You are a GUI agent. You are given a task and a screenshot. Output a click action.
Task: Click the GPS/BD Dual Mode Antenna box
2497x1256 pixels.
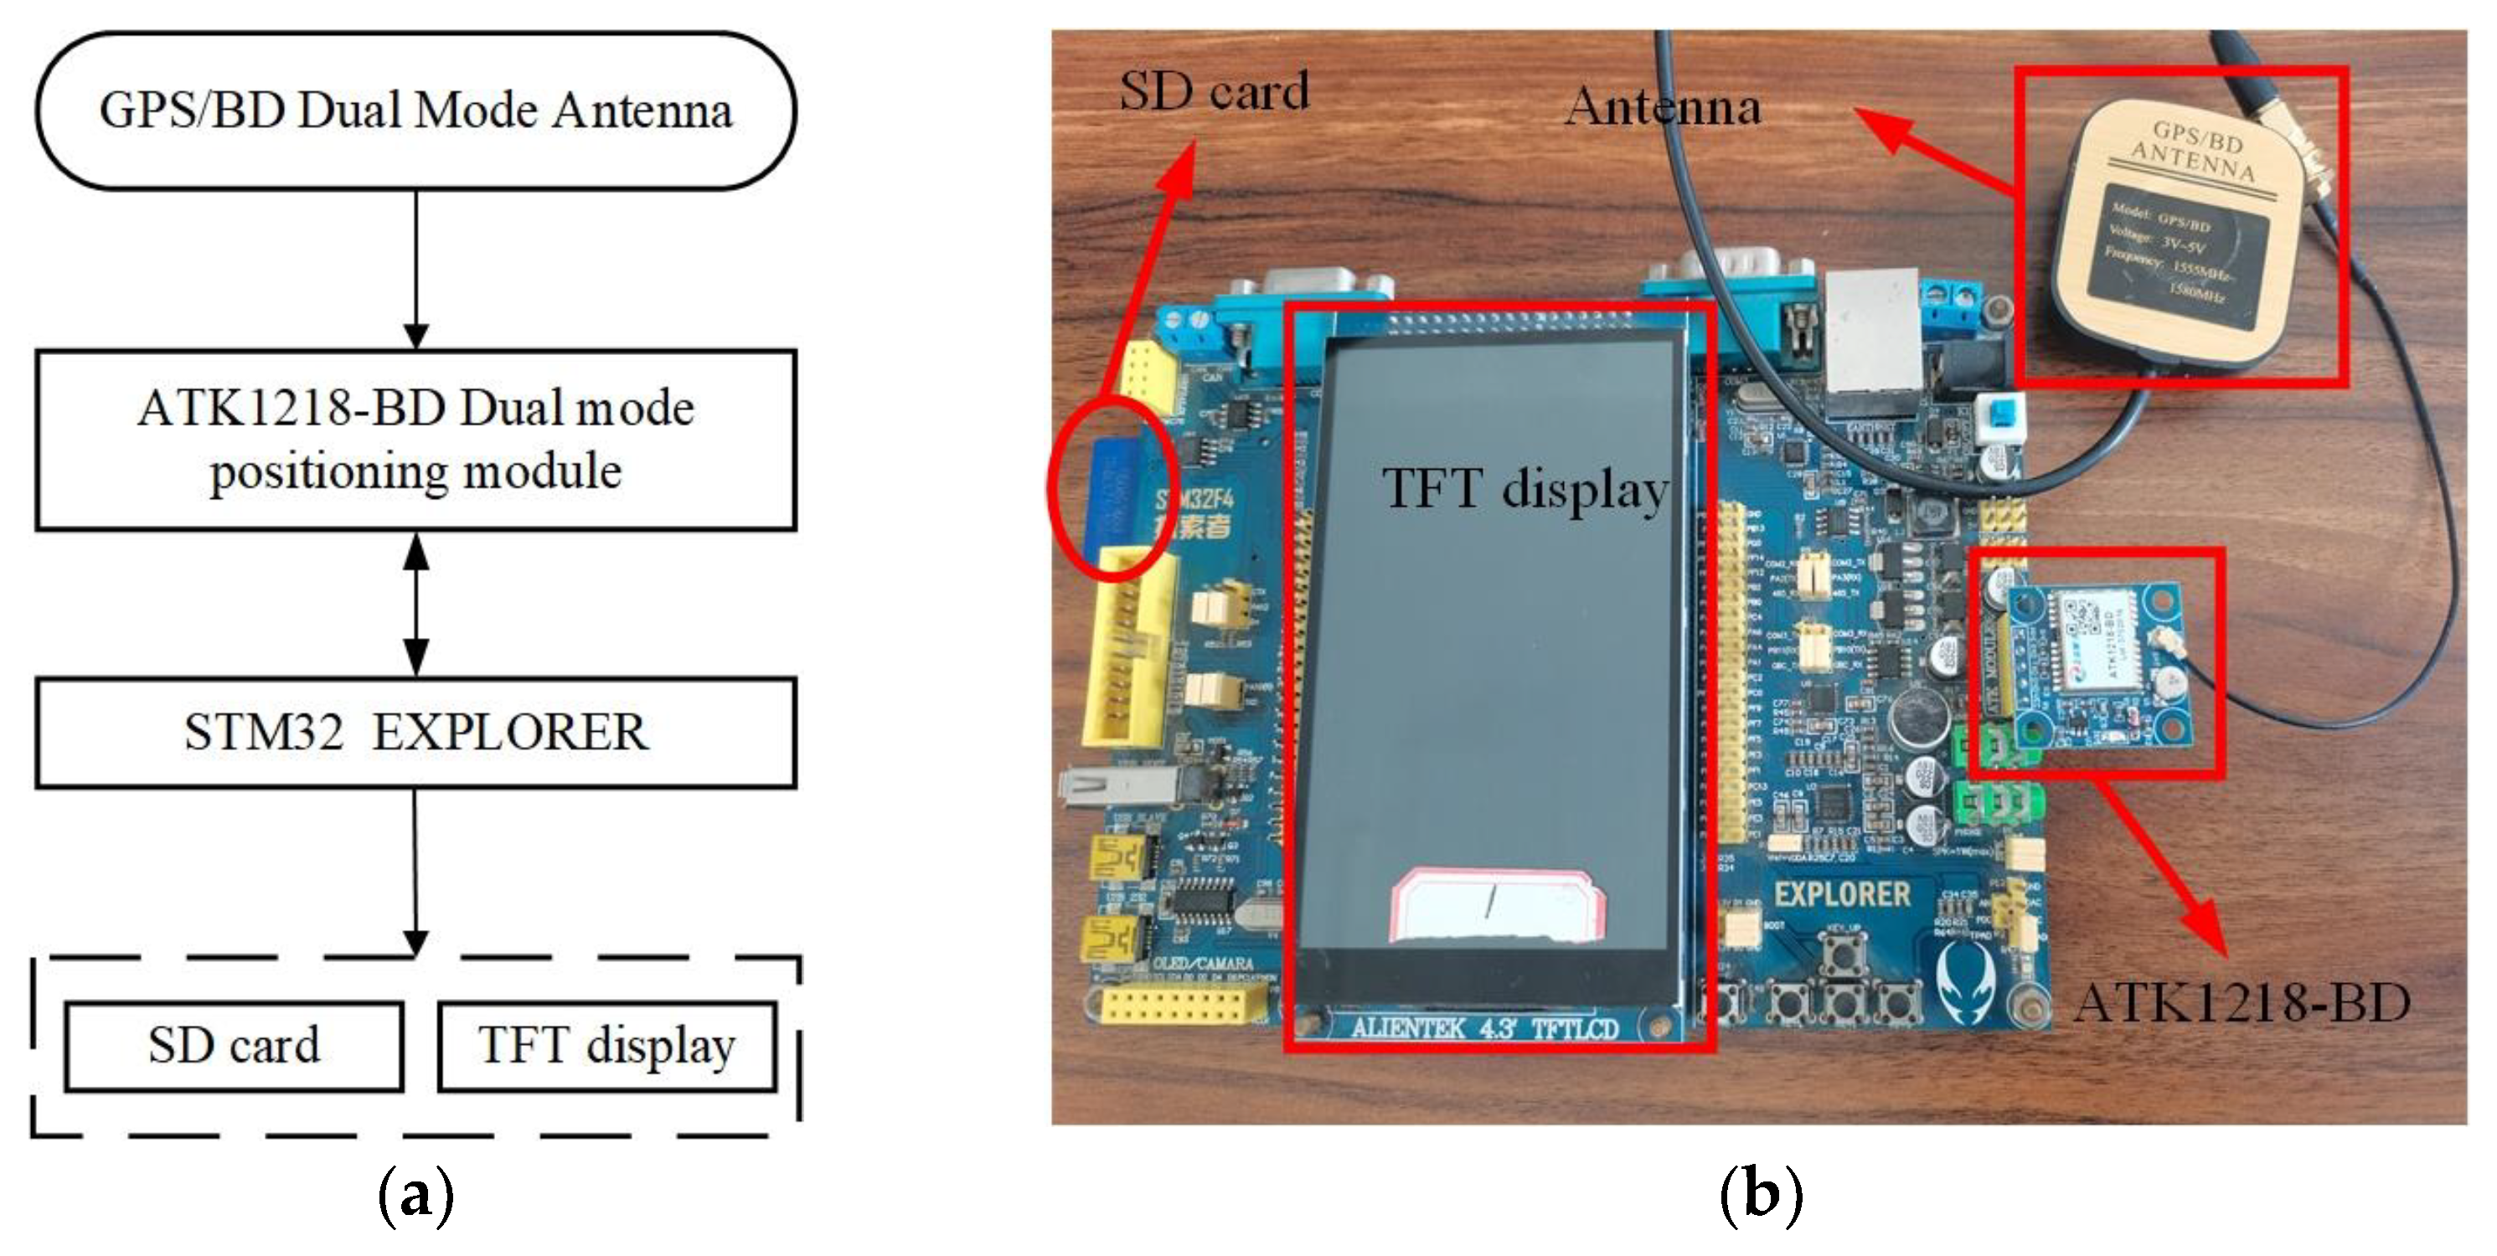coord(415,111)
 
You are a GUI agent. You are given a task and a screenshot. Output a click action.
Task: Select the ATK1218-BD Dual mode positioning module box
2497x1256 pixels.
coord(415,440)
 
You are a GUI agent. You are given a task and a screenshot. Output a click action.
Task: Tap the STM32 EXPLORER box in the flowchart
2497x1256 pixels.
coord(415,733)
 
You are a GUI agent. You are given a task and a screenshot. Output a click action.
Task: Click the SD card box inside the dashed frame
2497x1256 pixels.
coord(234,1047)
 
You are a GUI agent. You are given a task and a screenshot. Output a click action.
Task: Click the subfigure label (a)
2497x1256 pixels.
coord(415,1194)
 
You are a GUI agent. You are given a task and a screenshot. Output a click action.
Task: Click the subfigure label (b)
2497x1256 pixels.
coord(1761,1194)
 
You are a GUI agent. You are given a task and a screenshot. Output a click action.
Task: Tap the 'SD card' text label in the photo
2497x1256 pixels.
coord(1214,92)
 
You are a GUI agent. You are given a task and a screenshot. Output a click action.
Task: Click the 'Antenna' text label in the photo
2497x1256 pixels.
coord(1664,106)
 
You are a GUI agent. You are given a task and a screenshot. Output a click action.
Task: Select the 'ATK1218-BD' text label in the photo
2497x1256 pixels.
coord(2241,1003)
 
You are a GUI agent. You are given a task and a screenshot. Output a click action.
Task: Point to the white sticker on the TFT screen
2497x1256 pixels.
coord(1496,906)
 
